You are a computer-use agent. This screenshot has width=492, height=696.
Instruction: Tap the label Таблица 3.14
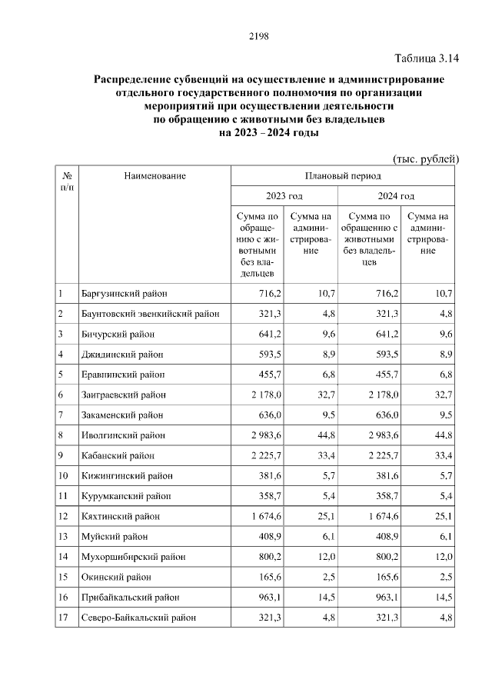pos(426,58)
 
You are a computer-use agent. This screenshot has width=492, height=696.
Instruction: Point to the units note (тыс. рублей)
pos(425,158)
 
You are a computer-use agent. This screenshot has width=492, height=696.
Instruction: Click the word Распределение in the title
pos(133,79)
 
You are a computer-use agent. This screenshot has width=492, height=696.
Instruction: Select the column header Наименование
pos(155,176)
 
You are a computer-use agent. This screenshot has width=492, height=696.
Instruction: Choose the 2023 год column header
pos(284,196)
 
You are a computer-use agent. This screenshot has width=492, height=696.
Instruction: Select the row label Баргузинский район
pos(124,294)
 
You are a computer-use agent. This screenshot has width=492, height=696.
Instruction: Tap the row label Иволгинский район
pos(121,435)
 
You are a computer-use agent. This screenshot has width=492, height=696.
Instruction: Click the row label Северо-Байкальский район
pos(138,617)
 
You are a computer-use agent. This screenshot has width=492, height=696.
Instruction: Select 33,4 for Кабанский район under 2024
pos(444,455)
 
